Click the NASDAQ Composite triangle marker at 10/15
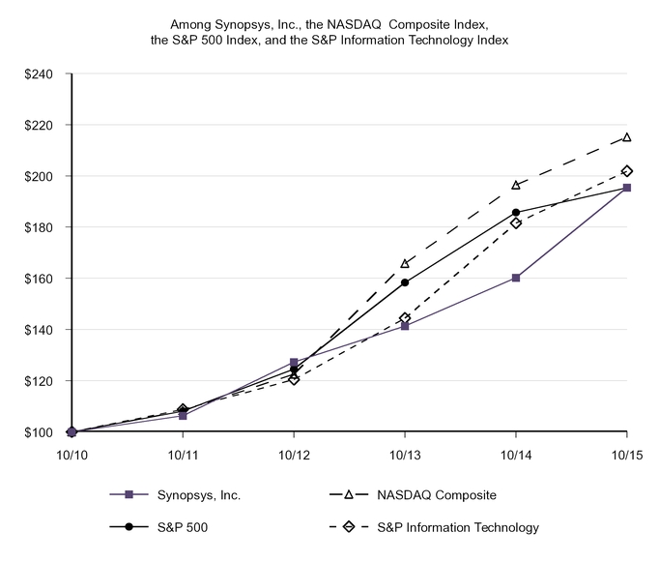tap(627, 137)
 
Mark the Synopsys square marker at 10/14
tap(516, 278)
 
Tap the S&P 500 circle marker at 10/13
tap(405, 282)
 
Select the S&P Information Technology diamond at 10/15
tap(627, 171)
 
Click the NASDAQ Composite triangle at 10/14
tap(516, 185)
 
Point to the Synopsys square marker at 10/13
tap(405, 326)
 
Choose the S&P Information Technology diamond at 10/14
tap(516, 222)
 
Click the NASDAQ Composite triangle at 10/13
tap(405, 263)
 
